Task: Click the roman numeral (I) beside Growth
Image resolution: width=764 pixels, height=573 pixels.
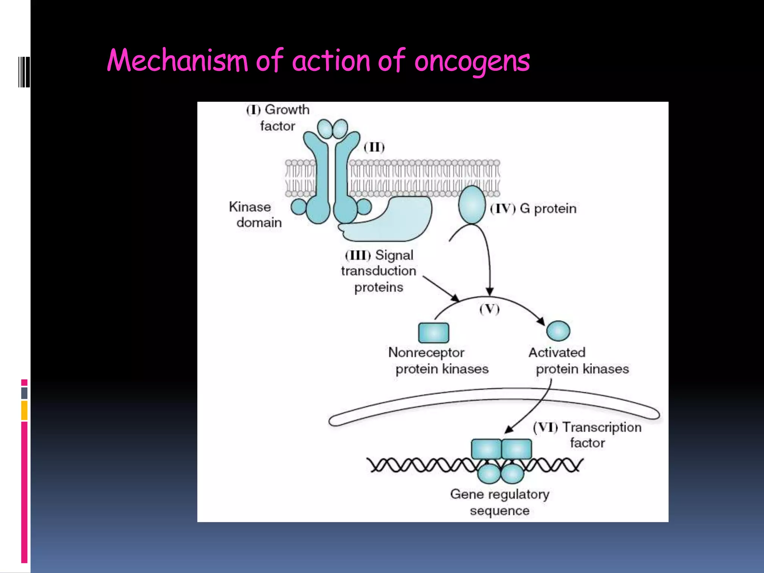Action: (253, 110)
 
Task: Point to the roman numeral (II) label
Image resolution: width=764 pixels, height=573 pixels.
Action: (374, 147)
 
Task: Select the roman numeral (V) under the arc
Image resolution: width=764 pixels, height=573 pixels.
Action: (489, 309)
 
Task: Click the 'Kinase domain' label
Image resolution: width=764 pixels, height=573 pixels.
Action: (255, 215)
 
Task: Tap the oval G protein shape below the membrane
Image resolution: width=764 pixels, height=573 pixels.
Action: (472, 205)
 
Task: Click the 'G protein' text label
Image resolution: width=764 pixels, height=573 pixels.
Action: (548, 209)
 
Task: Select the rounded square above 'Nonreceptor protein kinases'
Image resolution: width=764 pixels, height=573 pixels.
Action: (433, 332)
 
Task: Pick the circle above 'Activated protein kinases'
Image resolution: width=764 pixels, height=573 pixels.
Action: (558, 331)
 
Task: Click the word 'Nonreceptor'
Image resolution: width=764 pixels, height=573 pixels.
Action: (426, 353)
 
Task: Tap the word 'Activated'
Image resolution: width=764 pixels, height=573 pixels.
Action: (557, 353)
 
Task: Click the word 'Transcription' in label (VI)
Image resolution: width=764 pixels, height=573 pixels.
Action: (602, 427)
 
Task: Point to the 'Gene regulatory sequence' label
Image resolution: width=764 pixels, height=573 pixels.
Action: (500, 502)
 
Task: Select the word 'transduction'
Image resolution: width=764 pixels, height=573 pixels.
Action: (378, 271)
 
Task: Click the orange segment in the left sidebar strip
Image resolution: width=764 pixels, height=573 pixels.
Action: (24, 410)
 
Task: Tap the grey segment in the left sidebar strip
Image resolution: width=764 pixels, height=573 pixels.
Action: (24, 393)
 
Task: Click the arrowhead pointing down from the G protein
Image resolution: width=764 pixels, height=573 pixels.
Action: (490, 291)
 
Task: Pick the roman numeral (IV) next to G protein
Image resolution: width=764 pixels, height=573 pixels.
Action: (502, 209)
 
